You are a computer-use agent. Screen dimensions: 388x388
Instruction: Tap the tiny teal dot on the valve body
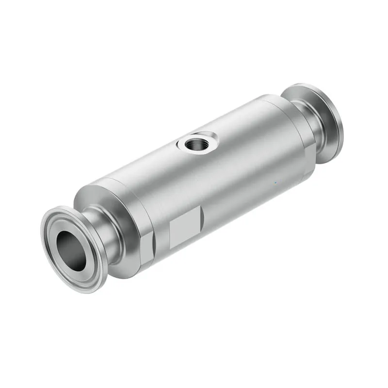275,183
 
